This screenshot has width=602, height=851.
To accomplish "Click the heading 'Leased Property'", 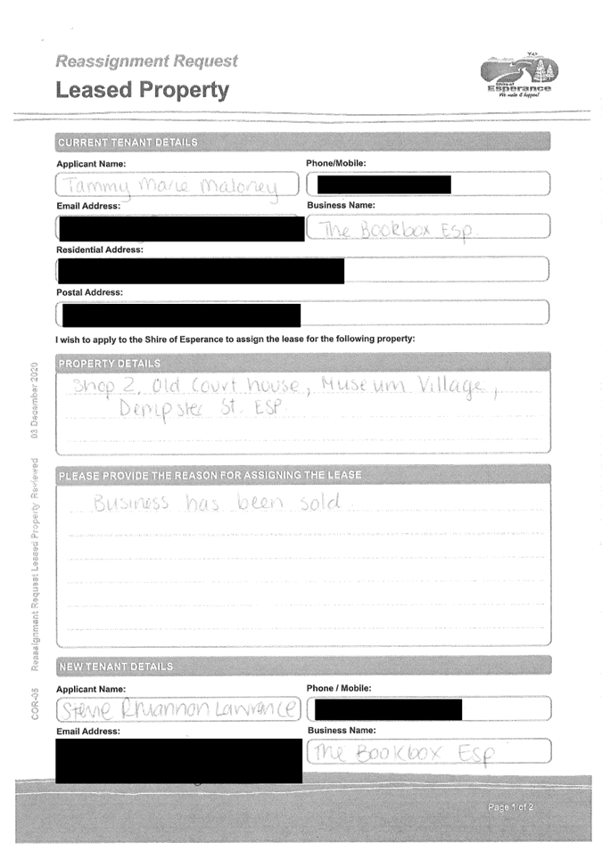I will click(x=142, y=90).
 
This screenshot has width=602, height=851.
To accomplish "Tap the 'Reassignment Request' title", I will click(x=147, y=61).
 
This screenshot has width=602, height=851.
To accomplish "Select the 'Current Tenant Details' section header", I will click(x=128, y=143).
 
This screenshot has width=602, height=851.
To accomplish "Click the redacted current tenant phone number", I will click(x=383, y=184).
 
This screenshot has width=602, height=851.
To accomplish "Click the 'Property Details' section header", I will click(x=110, y=364).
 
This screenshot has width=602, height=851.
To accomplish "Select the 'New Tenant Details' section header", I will click(x=115, y=667).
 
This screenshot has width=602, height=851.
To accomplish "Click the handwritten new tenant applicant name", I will click(x=178, y=709).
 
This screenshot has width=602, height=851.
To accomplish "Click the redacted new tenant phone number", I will click(x=389, y=709).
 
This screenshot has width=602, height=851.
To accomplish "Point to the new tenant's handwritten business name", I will click(x=402, y=753).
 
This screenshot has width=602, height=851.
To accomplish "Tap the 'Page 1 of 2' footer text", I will click(x=511, y=807).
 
